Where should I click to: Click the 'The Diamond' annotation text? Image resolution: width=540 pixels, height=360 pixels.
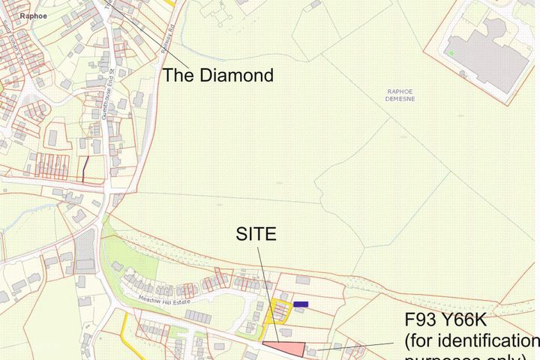click(218, 76)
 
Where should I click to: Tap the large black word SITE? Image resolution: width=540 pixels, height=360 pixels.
click(256, 234)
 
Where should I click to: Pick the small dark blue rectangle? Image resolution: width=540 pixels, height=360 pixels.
click(301, 304)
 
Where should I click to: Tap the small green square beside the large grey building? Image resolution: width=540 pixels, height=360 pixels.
click(451, 52)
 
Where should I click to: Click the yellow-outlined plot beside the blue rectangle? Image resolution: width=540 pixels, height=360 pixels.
click(279, 310)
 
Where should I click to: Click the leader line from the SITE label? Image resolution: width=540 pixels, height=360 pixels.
click(268, 292)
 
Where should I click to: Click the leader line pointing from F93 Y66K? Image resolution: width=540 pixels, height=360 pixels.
click(360, 346)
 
